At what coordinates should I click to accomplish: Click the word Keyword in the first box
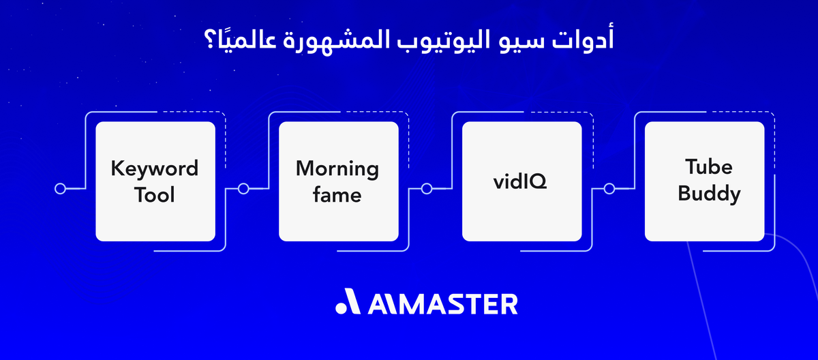(x=155, y=168)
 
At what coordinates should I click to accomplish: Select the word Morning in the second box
(x=337, y=168)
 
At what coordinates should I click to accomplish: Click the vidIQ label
(x=521, y=183)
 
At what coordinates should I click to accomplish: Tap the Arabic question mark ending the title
(x=208, y=40)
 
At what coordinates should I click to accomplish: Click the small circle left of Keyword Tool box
(x=60, y=189)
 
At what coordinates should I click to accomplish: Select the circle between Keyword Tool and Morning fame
(x=243, y=189)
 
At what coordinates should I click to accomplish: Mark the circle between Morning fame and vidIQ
(x=427, y=189)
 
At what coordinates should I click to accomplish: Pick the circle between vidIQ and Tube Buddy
(x=609, y=189)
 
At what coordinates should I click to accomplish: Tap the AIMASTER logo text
(x=442, y=304)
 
